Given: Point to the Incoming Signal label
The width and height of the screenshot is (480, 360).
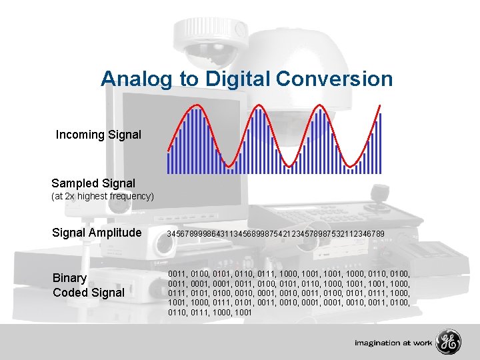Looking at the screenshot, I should click(99, 135).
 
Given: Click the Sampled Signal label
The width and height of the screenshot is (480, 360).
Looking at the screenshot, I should click(93, 183).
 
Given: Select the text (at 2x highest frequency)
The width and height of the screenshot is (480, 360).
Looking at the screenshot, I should click(103, 197).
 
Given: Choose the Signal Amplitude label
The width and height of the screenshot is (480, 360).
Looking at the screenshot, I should click(97, 233).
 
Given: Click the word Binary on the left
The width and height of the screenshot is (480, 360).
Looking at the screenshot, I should click(70, 278).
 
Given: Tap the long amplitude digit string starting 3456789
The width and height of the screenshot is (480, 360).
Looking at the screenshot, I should click(275, 233).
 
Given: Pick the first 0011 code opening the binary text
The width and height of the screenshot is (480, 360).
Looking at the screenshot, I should click(177, 274).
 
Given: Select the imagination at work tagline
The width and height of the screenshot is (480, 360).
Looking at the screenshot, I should click(393, 343).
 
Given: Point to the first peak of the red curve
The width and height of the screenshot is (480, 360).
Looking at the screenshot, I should click(196, 107).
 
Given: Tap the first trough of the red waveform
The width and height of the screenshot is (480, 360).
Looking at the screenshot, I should click(229, 165).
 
